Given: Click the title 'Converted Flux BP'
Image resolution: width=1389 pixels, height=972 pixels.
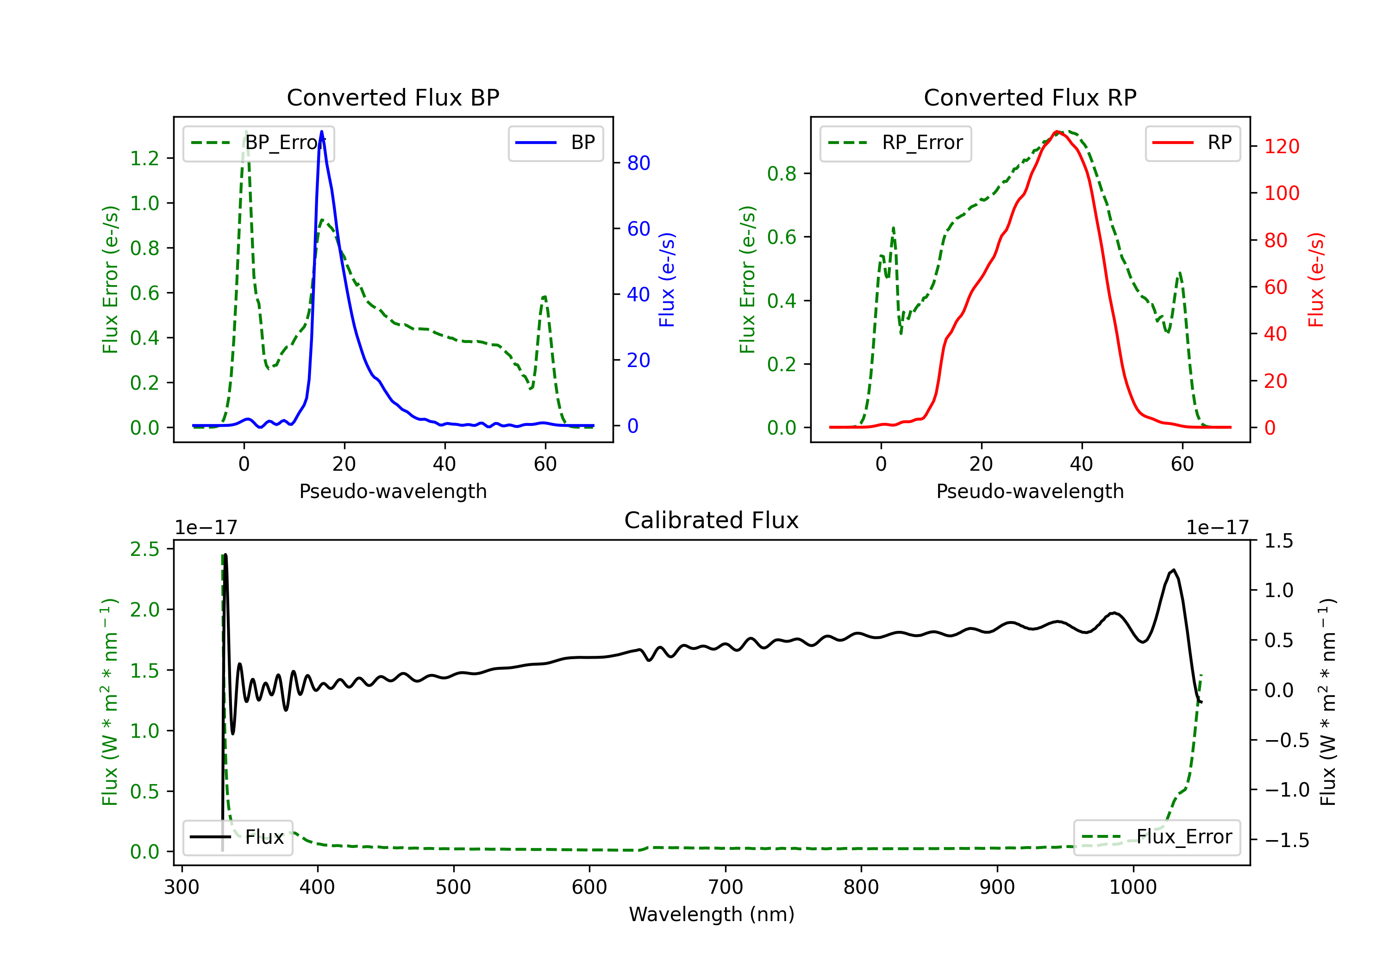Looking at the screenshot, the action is (x=393, y=97).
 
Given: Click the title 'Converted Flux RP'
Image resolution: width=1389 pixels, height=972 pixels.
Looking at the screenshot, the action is (x=1030, y=97).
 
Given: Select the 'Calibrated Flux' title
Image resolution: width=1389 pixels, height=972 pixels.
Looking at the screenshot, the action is (x=712, y=520).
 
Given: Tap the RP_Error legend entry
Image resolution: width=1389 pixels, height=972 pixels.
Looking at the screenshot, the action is (x=895, y=143).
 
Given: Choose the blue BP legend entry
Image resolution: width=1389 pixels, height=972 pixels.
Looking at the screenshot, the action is (x=556, y=143).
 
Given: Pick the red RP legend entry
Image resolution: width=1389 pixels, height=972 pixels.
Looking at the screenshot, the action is (x=1193, y=143).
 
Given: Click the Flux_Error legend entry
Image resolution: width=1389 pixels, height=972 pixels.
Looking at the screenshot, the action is (x=1157, y=838).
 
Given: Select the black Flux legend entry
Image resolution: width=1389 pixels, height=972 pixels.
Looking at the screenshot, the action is (x=238, y=838).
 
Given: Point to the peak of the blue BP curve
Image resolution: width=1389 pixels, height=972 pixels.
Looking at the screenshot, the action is (x=321, y=131).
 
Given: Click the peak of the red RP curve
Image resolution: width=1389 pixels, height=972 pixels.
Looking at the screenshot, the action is (x=1056, y=131).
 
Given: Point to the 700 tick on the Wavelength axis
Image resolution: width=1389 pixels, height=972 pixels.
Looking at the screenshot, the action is (x=726, y=887).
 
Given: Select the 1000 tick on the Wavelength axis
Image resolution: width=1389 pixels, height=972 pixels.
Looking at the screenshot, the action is (x=1133, y=887).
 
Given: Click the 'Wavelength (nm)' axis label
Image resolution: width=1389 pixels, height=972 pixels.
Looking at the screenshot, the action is (x=712, y=914).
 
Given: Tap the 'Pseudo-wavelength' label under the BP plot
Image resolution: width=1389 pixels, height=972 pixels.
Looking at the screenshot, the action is (x=393, y=491).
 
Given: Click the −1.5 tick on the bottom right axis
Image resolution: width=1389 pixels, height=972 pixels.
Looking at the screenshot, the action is (x=1287, y=840).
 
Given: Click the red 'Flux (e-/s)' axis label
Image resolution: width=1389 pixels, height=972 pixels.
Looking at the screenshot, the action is (x=1316, y=280).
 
